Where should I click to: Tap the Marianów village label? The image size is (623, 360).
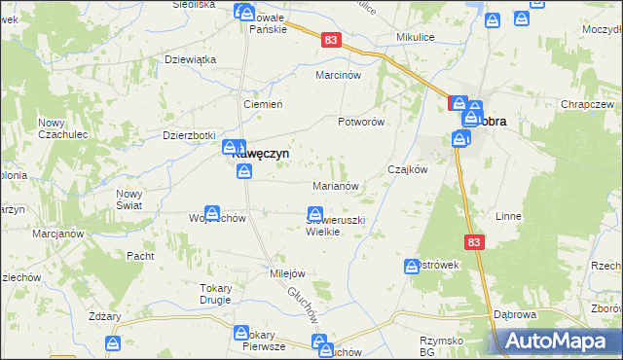(x=338, y=185)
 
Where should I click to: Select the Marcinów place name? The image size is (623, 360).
(x=339, y=75)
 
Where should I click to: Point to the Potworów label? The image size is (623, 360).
(x=362, y=122)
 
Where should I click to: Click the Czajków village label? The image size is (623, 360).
(x=408, y=168)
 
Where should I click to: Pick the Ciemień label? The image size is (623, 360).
(x=262, y=104)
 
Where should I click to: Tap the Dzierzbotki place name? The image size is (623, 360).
(x=189, y=135)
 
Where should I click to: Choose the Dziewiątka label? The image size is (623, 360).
(x=190, y=58)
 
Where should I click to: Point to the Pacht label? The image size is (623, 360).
(x=141, y=255)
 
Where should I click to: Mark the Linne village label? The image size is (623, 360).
(x=509, y=215)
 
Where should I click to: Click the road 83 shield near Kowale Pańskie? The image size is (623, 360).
(x=333, y=39)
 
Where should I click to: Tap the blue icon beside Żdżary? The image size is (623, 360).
(x=114, y=342)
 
